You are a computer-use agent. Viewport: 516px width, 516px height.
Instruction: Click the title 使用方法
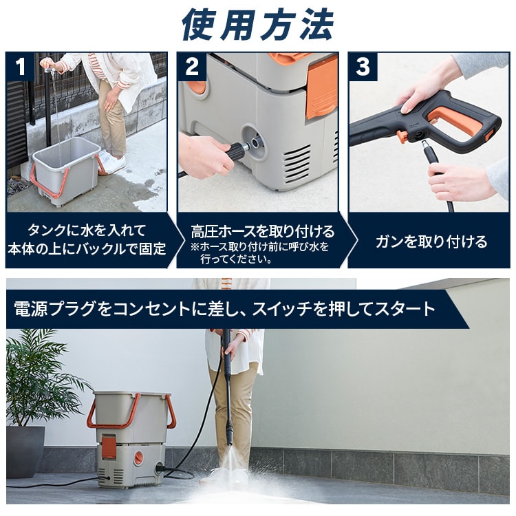coord(258,25)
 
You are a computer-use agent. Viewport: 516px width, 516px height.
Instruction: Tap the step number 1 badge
coord(20,66)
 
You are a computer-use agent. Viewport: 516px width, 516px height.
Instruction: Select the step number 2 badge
coord(191,66)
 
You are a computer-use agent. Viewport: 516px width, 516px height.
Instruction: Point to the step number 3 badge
coord(363,66)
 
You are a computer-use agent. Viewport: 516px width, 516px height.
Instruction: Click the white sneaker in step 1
coord(112,161)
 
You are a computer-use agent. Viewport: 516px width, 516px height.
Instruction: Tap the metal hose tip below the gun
coord(425,144)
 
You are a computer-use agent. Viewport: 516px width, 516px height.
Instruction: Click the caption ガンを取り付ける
coord(431,242)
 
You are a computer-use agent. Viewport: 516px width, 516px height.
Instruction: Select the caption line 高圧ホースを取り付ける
coord(263,231)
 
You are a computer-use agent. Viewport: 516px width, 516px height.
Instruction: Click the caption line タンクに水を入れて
coord(87,230)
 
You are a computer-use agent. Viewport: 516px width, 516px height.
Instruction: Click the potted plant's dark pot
coord(25,451)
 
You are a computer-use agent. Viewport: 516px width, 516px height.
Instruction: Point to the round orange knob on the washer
coord(138,457)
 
